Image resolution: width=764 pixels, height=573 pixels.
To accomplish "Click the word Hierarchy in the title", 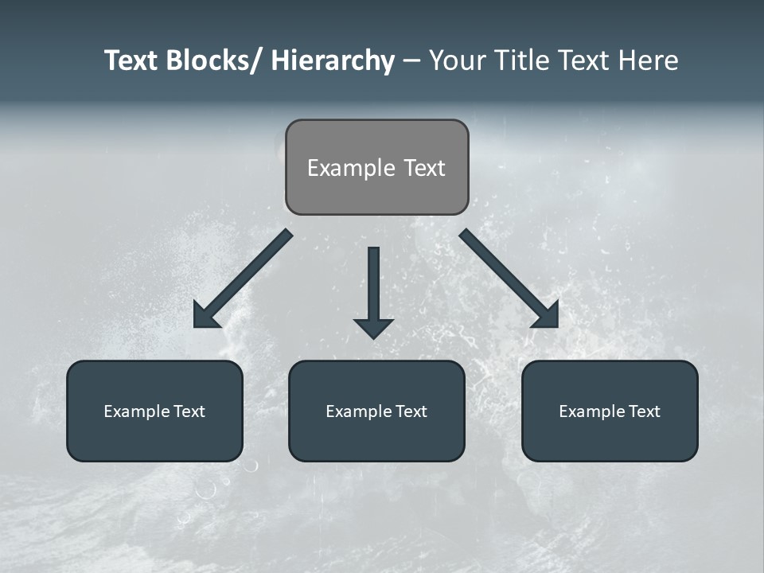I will click(333, 61).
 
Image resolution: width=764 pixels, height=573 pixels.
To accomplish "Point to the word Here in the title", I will click(648, 61).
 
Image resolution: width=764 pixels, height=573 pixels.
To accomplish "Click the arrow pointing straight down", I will click(373, 286).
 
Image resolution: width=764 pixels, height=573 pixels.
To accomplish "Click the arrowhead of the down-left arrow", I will click(206, 316).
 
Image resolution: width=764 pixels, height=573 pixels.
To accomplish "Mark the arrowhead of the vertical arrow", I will click(373, 327).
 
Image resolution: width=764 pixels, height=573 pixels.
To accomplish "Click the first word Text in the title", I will click(132, 61).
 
